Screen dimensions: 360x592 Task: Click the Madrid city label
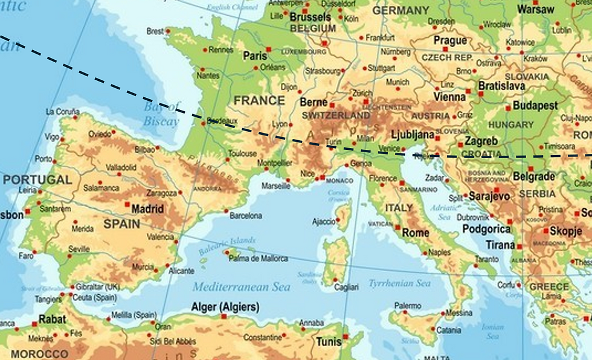click(147, 209)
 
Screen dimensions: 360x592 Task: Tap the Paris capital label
click(254, 56)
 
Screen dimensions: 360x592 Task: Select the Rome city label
click(415, 233)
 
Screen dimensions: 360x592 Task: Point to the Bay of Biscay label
click(161, 114)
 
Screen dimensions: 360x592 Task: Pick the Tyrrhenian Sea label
click(399, 283)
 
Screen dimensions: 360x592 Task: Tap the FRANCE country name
click(259, 100)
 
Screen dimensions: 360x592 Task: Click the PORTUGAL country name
click(37, 179)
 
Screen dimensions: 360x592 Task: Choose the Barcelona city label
click(246, 216)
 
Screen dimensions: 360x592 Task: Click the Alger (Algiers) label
click(225, 306)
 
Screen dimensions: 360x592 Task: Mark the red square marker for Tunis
click(345, 336)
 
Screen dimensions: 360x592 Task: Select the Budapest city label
click(535, 106)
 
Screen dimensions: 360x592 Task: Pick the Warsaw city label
click(535, 10)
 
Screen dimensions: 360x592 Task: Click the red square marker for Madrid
click(127, 205)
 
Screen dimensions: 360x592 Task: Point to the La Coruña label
click(62, 111)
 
